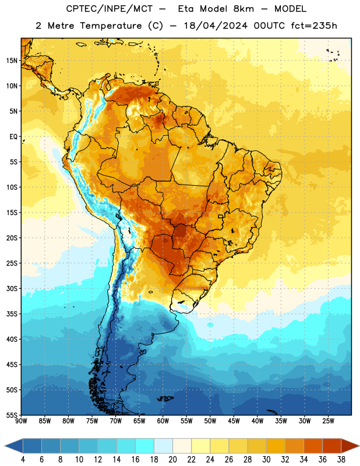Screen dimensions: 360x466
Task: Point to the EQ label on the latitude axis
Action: [13, 137]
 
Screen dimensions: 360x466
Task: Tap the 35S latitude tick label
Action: [12, 314]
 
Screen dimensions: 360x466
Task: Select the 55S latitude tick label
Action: [12, 415]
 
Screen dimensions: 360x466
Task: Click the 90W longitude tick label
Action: [22, 421]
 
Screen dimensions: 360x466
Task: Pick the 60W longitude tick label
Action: [163, 421]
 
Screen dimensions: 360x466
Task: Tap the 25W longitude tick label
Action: [328, 421]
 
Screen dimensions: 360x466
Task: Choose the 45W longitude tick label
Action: [234, 421]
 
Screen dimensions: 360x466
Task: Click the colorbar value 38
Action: [341, 460]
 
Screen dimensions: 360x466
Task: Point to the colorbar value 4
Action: [23, 460]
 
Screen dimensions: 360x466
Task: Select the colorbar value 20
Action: [172, 460]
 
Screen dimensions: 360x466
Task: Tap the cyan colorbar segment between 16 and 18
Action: [145, 446]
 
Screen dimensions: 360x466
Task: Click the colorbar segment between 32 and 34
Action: [295, 446]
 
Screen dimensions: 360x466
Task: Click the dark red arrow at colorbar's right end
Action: [350, 446]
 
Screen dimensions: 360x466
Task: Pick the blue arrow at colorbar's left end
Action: [14, 446]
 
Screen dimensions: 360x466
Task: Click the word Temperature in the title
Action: [111, 26]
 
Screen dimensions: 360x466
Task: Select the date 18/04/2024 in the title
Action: [216, 26]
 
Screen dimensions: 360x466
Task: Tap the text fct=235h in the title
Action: [314, 26]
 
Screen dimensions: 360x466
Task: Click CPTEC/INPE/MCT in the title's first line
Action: [109, 9]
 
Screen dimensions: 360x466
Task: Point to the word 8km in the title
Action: [243, 9]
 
